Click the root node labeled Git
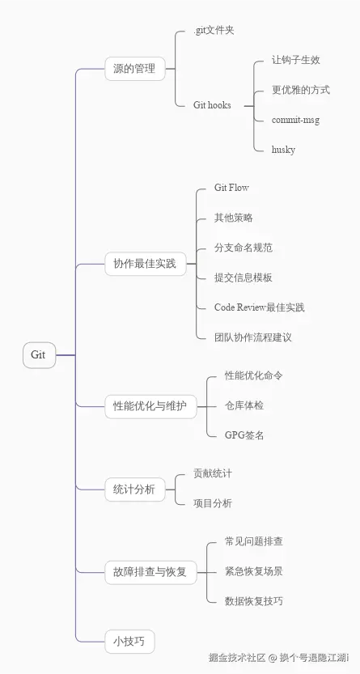tap(39, 355)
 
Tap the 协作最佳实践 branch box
tap(144, 264)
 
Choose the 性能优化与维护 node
tap(150, 407)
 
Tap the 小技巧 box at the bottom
tap(129, 641)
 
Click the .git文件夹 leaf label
tap(214, 31)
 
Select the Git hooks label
tap(213, 105)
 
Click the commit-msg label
tap(296, 120)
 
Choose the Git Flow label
tap(231, 188)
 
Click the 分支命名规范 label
tap(244, 248)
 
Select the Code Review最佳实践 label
tap(260, 307)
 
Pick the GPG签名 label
tap(244, 435)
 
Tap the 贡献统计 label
tap(213, 473)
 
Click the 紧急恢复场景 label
tap(254, 571)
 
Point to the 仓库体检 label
tap(244, 405)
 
